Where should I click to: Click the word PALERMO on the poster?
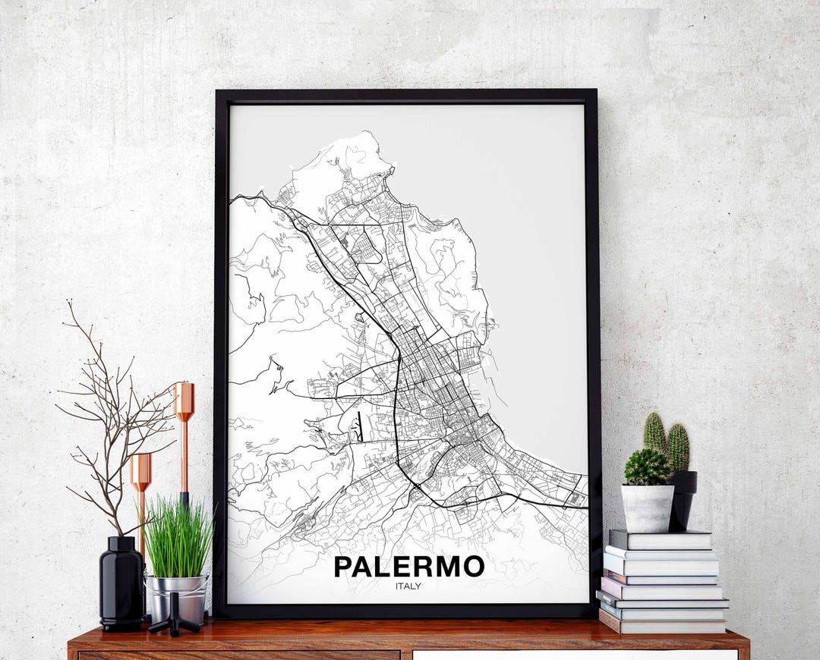tap(408, 567)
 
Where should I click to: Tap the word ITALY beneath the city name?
tap(408, 586)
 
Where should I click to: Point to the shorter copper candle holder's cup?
tap(140, 471)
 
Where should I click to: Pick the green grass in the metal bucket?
tap(178, 538)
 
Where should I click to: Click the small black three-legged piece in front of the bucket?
tap(175, 616)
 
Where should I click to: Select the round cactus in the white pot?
tap(647, 467)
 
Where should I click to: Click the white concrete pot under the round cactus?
tap(648, 508)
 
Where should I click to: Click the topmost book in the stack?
tap(660, 539)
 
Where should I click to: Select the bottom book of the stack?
tap(663, 625)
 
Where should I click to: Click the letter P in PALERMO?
tap(343, 567)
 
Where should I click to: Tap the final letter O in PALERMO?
tap(473, 567)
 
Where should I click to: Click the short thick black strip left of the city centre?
tap(360, 426)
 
